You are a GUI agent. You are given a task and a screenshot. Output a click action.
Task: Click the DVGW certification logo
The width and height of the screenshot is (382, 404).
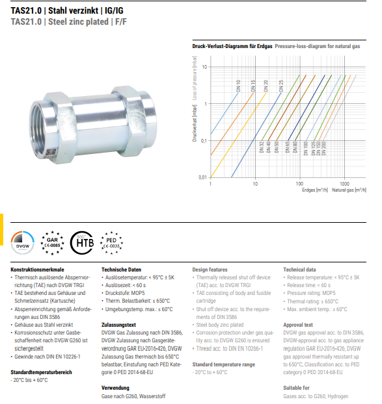pos(23,243)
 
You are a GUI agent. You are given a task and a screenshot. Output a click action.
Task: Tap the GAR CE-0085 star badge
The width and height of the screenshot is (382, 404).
pos(53,243)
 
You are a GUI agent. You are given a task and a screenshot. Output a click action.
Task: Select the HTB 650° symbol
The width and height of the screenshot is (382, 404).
pos(82,243)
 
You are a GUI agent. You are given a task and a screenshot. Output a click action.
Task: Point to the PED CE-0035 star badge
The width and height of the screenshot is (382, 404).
pos(111,243)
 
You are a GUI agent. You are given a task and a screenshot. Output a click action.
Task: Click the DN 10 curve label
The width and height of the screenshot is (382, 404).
pos(238,86)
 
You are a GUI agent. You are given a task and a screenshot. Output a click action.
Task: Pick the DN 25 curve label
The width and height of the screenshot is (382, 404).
pos(281,86)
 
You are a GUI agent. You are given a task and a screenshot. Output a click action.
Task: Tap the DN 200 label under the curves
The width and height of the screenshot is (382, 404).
pos(323,148)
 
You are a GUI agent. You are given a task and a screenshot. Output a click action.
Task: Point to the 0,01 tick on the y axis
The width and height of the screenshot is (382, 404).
pos(202,177)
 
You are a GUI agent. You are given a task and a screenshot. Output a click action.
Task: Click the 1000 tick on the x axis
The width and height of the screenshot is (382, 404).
pos(344,184)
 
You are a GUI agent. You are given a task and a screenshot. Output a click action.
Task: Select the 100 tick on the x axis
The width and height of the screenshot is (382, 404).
pos(299,184)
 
